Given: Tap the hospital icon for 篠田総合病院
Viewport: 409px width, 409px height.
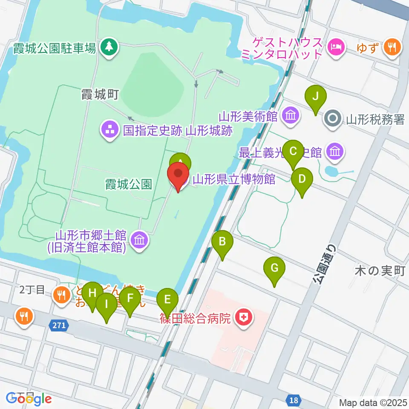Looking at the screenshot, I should (243, 317).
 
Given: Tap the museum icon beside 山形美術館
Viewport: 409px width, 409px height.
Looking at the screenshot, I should (291, 115).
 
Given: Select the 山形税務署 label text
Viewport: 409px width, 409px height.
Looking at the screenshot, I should (375, 120).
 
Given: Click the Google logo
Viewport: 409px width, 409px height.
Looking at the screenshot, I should (29, 398).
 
